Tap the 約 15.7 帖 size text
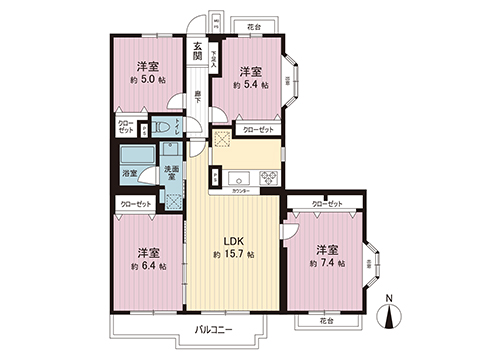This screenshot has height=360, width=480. coord(233,256)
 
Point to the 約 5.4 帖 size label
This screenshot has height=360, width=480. coord(251,86)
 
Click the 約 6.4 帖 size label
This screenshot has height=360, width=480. coord(147,267)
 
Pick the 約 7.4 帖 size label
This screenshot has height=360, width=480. coord(327,263)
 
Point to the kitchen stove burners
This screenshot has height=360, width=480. coord(267,178)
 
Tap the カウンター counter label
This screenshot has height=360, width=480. coord(240,189)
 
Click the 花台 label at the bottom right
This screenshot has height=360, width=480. coord(326,322)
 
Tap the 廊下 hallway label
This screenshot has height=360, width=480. coord(198,98)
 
